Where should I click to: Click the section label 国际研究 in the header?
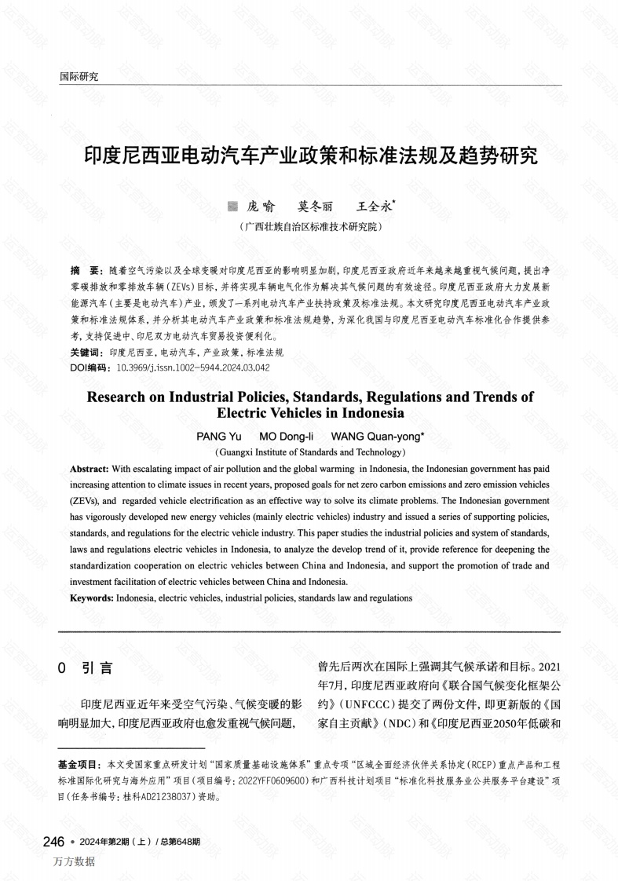point(79,76)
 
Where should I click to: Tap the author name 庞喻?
point(261,207)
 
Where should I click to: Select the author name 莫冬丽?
point(315,207)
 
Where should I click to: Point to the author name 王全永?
point(375,207)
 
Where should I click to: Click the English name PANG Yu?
point(220,436)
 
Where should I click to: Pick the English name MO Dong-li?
point(287,436)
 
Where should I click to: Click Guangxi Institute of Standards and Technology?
point(310,452)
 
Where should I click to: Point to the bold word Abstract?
point(90,469)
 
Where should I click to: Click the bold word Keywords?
point(92,598)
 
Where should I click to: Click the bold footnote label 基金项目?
point(79,764)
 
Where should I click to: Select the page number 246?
point(53,842)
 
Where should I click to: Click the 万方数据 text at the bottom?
point(75,861)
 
